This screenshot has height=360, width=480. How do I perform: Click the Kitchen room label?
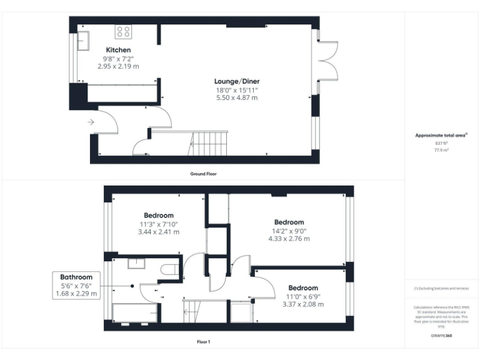click(118, 50)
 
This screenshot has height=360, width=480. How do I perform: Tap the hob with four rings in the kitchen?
click(122, 31)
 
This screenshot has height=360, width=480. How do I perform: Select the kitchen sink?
click(83, 41)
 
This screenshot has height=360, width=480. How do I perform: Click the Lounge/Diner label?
click(236, 81)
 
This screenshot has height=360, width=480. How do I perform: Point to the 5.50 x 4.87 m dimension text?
click(236, 98)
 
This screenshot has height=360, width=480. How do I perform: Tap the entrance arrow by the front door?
click(91, 122)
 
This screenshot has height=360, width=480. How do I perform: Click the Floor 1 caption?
click(203, 342)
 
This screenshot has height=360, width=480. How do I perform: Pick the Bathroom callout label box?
click(76, 285)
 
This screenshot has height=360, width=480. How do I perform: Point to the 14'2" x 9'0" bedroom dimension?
click(289, 231)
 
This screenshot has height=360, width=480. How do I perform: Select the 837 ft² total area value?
click(441, 142)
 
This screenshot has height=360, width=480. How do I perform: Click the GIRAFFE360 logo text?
click(441, 336)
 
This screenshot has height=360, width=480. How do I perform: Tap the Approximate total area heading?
click(441, 135)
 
